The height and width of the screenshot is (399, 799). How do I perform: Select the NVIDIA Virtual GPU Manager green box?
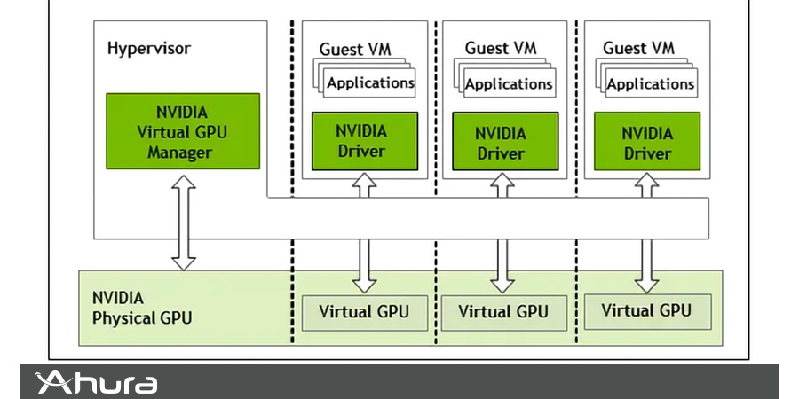(183, 131)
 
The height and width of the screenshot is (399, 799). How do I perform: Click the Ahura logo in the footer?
(96, 383)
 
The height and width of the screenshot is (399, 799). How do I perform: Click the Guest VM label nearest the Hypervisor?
(355, 49)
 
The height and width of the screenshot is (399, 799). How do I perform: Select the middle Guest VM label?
(501, 48)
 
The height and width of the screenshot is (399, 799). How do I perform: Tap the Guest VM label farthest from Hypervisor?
(638, 48)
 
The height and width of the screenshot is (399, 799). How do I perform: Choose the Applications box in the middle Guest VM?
(509, 84)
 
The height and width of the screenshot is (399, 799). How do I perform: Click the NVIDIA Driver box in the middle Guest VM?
(501, 143)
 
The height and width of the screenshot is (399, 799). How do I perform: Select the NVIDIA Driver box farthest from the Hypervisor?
(646, 143)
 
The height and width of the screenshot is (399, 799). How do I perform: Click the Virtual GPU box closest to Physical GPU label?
(364, 312)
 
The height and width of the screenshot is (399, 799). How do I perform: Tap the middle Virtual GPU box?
(502, 312)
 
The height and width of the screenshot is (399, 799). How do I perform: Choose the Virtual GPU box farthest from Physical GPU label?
(645, 310)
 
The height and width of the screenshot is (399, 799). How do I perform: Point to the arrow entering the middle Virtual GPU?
(502, 264)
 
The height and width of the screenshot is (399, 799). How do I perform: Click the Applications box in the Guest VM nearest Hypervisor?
(370, 83)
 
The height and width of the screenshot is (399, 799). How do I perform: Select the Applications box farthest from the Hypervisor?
(651, 84)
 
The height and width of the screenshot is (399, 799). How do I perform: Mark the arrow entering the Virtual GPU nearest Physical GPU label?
(364, 264)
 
